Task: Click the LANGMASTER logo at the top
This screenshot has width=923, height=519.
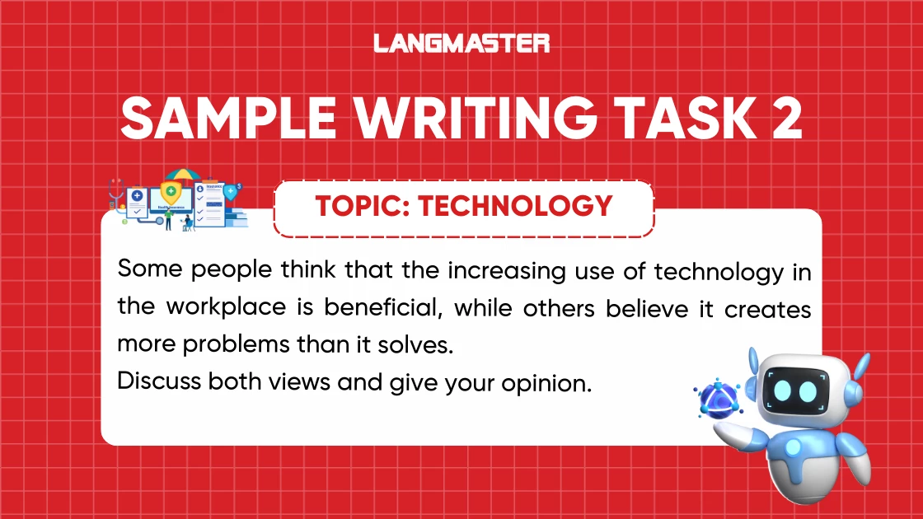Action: (x=461, y=43)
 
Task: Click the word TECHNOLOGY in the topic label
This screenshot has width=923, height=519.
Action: (x=515, y=205)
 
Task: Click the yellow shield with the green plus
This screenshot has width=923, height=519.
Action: (x=171, y=193)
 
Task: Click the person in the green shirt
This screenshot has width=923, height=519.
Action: (x=168, y=216)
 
